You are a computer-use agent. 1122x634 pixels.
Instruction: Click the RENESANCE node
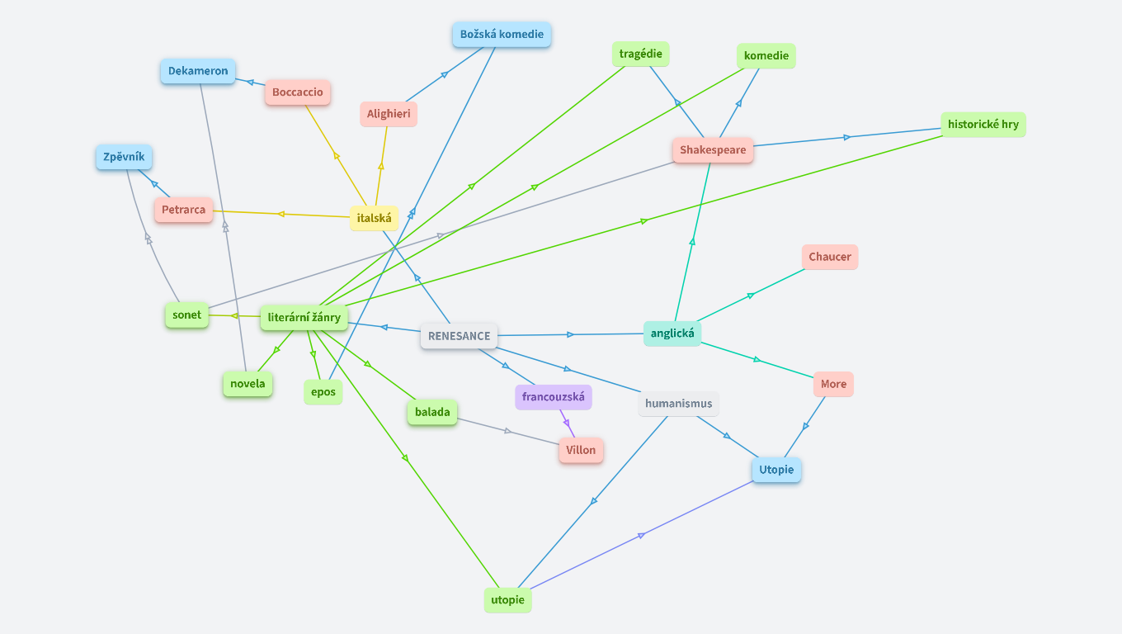(x=459, y=336)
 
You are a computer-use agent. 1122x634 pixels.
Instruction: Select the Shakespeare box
(x=713, y=150)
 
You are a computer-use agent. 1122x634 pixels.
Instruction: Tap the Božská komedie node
(x=502, y=35)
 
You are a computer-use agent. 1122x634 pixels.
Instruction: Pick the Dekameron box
(x=198, y=71)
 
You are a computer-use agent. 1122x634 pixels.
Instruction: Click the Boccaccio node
(x=298, y=92)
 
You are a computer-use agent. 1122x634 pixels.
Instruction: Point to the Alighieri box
(x=389, y=114)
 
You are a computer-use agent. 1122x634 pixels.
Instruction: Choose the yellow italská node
(x=375, y=218)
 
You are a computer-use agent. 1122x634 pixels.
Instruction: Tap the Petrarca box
(x=183, y=210)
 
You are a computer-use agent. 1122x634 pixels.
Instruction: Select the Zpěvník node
(x=124, y=156)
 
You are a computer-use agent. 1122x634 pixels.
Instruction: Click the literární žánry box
(x=304, y=317)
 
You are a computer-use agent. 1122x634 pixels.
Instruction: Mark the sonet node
(x=187, y=315)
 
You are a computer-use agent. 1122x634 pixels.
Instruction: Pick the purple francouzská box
(x=553, y=397)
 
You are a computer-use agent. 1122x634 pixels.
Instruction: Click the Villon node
(x=581, y=450)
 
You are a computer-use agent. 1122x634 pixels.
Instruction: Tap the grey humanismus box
(x=678, y=404)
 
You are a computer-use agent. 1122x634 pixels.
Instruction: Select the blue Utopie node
(x=776, y=470)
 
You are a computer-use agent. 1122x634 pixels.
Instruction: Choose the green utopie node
(x=507, y=599)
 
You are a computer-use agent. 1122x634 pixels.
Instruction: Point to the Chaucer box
(x=830, y=257)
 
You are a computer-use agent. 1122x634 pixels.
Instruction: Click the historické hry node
(x=983, y=125)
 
